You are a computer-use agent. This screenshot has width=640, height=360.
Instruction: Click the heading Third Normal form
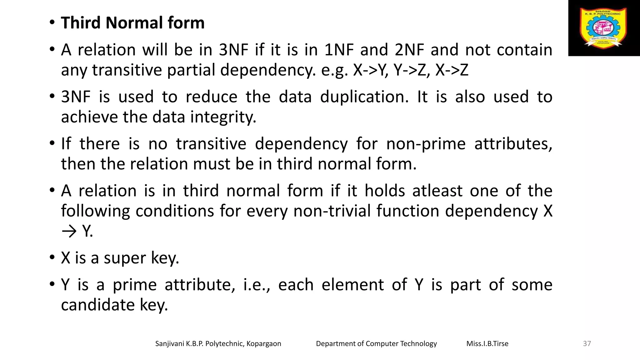132,23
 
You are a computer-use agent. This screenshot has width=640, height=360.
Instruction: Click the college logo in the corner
603,28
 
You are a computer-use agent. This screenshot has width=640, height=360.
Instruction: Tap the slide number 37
587,344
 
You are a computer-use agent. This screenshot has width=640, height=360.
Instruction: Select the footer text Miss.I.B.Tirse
487,344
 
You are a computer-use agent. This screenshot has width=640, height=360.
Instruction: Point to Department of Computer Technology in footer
376,344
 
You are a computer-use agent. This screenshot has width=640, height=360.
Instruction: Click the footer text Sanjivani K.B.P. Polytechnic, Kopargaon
218,344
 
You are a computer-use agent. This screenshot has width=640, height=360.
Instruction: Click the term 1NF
339,50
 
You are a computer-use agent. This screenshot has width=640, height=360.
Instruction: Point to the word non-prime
426,144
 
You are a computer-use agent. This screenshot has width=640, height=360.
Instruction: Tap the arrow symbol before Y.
69,232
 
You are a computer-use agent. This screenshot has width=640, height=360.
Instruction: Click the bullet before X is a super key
52,258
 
